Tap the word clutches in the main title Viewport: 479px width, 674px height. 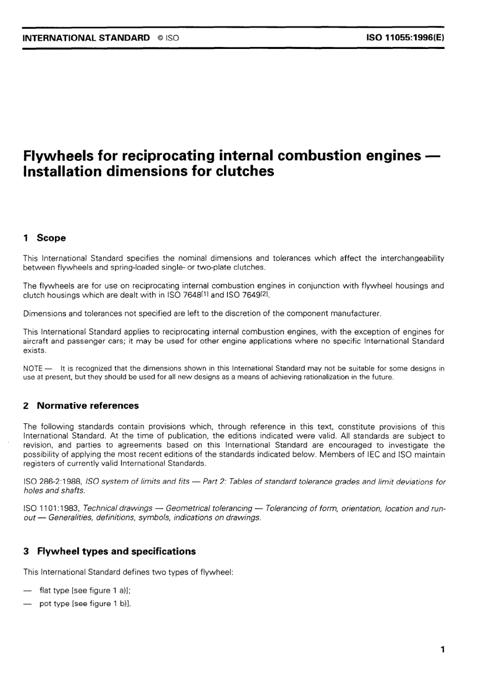[x=244, y=172]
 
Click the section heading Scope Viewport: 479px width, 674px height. [x=51, y=238]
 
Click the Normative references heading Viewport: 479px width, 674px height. [x=88, y=406]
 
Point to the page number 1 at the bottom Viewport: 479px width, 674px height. [x=442, y=650]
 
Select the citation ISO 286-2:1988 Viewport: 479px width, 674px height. [x=53, y=482]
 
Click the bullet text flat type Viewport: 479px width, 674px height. [x=54, y=591]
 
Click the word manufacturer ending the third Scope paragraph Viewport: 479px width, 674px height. [x=355, y=313]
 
